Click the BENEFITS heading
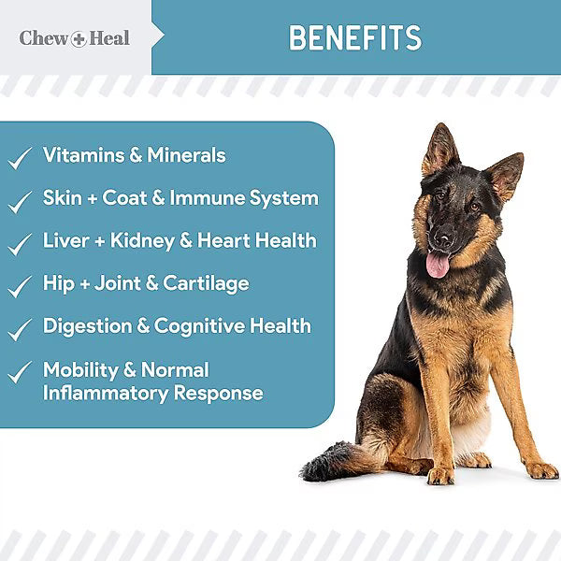tap(354, 37)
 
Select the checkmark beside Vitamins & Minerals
tap(20, 158)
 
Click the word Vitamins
tap(85, 155)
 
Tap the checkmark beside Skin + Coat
tap(20, 201)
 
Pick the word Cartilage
tap(207, 283)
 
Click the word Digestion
tap(84, 326)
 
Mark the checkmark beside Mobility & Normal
tap(20, 373)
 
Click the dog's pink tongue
tap(438, 265)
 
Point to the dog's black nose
tap(442, 238)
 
